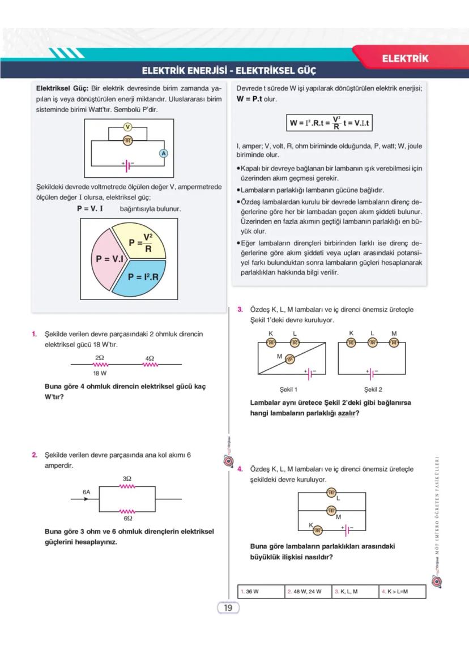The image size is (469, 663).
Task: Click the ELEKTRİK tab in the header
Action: tap(405, 58)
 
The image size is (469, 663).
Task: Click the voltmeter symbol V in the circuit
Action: tap(128, 127)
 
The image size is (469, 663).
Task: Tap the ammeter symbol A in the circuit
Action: tap(163, 153)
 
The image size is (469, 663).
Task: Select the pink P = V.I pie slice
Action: tap(109, 258)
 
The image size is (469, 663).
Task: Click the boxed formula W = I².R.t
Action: tap(330, 123)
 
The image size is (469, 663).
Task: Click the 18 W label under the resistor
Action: tap(100, 374)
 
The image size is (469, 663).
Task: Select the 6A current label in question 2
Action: tap(86, 493)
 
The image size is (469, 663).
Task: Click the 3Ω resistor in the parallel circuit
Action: tap(127, 486)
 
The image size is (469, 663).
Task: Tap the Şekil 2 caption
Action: tap(373, 390)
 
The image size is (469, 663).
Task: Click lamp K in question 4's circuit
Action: tap(318, 530)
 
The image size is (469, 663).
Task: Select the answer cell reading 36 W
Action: tap(261, 592)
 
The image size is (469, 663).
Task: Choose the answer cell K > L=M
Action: tap(402, 592)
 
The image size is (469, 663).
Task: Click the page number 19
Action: tap(228, 608)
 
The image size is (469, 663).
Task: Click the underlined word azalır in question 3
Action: tap(347, 413)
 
